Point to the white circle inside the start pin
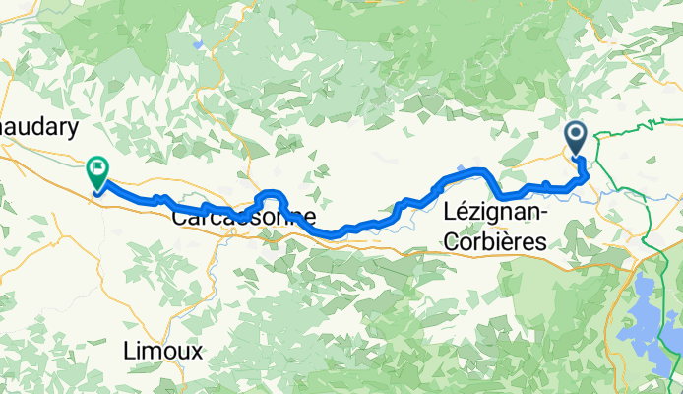[x=577, y=134]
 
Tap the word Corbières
[x=496, y=239]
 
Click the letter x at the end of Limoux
[x=197, y=351]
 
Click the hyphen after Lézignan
[x=545, y=213]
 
